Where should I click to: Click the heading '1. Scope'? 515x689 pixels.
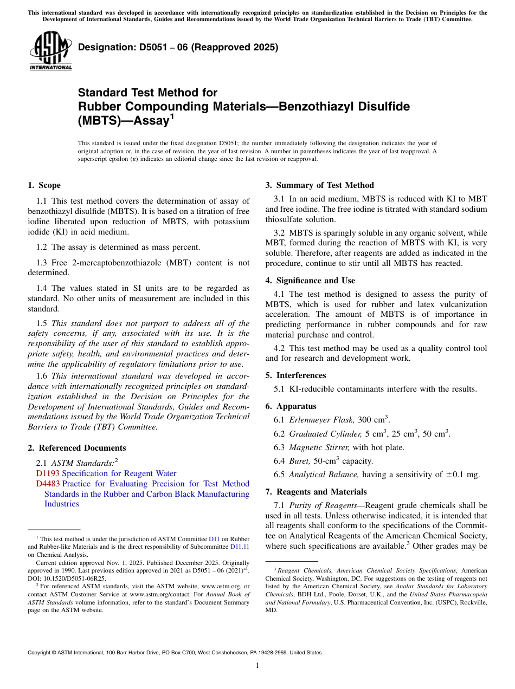[x=44, y=185]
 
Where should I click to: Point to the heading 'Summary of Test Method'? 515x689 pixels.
[x=325, y=185]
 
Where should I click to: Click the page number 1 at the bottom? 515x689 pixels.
[x=257, y=666]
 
